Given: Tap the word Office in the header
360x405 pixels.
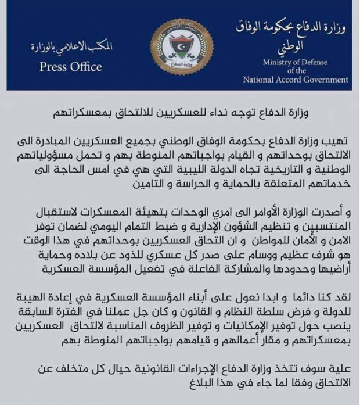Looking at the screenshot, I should pos(86,67).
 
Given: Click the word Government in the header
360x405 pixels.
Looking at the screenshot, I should pos(321,80).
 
